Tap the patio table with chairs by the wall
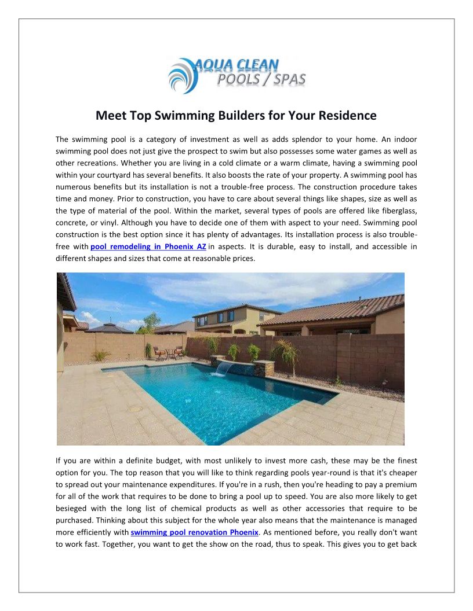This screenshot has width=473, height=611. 168,352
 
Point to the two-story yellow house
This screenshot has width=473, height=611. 226,321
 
